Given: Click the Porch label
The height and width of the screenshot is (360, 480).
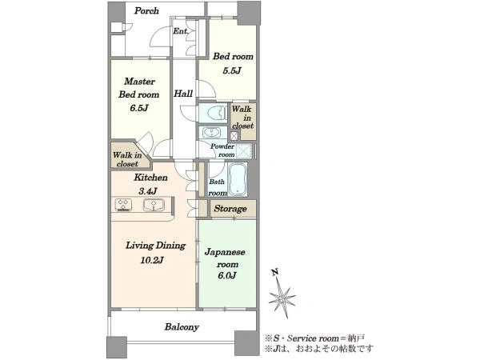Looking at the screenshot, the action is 146,11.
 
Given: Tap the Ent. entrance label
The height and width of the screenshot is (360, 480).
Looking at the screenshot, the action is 180,31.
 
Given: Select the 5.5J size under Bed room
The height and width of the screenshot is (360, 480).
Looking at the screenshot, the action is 232,71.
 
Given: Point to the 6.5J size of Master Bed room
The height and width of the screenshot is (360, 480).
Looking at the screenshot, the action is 138,108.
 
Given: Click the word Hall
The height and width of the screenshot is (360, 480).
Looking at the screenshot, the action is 183,94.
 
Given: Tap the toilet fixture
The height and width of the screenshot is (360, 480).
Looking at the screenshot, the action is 217,113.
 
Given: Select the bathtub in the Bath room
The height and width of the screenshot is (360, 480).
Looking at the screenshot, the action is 238,179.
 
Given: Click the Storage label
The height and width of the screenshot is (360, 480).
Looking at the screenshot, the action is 230,209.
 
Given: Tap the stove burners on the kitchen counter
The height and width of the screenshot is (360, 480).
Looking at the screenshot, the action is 124,205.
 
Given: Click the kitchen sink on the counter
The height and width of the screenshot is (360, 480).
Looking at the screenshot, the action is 154,205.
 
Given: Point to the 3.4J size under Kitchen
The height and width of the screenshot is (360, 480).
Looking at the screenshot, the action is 148,191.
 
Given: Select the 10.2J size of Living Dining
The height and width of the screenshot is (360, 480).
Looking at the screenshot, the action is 152,260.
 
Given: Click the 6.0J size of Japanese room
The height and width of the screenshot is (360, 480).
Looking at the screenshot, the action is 227,275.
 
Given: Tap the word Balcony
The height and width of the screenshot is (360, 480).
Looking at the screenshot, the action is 182,327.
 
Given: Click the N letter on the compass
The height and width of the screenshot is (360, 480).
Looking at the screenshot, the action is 275,271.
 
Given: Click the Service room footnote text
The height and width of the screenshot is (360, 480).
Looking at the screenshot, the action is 315,338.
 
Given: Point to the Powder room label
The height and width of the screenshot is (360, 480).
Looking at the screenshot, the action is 222,150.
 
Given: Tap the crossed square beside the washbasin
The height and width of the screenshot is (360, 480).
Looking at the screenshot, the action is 234,135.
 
